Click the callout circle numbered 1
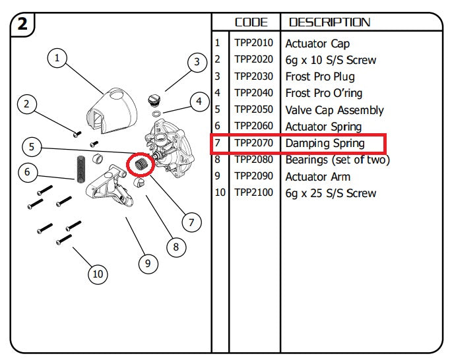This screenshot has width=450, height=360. tap(57, 59)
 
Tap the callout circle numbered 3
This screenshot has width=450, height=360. tap(196, 63)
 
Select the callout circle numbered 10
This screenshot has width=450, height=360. tap(98, 274)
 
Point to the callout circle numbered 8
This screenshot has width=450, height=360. tap(176, 247)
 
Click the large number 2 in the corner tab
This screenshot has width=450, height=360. tap(22, 25)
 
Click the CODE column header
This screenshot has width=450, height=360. tap(251, 22)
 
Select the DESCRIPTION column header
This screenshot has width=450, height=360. tap(329, 22)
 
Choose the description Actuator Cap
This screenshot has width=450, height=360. tap(317, 44)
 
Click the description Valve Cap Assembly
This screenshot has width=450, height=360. tap(335, 110)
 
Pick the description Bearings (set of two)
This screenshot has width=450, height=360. tap(337, 160)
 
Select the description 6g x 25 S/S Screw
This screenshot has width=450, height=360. tap(331, 193)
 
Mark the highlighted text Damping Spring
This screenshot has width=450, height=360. tap(325, 143)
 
